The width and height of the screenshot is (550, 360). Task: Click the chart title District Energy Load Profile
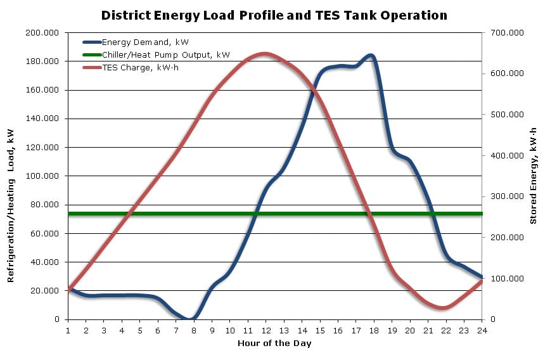274,15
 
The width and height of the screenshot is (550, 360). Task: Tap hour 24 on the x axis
482,330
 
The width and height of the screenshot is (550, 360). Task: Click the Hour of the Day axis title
274,344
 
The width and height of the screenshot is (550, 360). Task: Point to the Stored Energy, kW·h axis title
534,176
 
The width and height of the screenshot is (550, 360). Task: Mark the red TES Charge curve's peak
264,54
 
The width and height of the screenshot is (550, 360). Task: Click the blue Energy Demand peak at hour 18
371,56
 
